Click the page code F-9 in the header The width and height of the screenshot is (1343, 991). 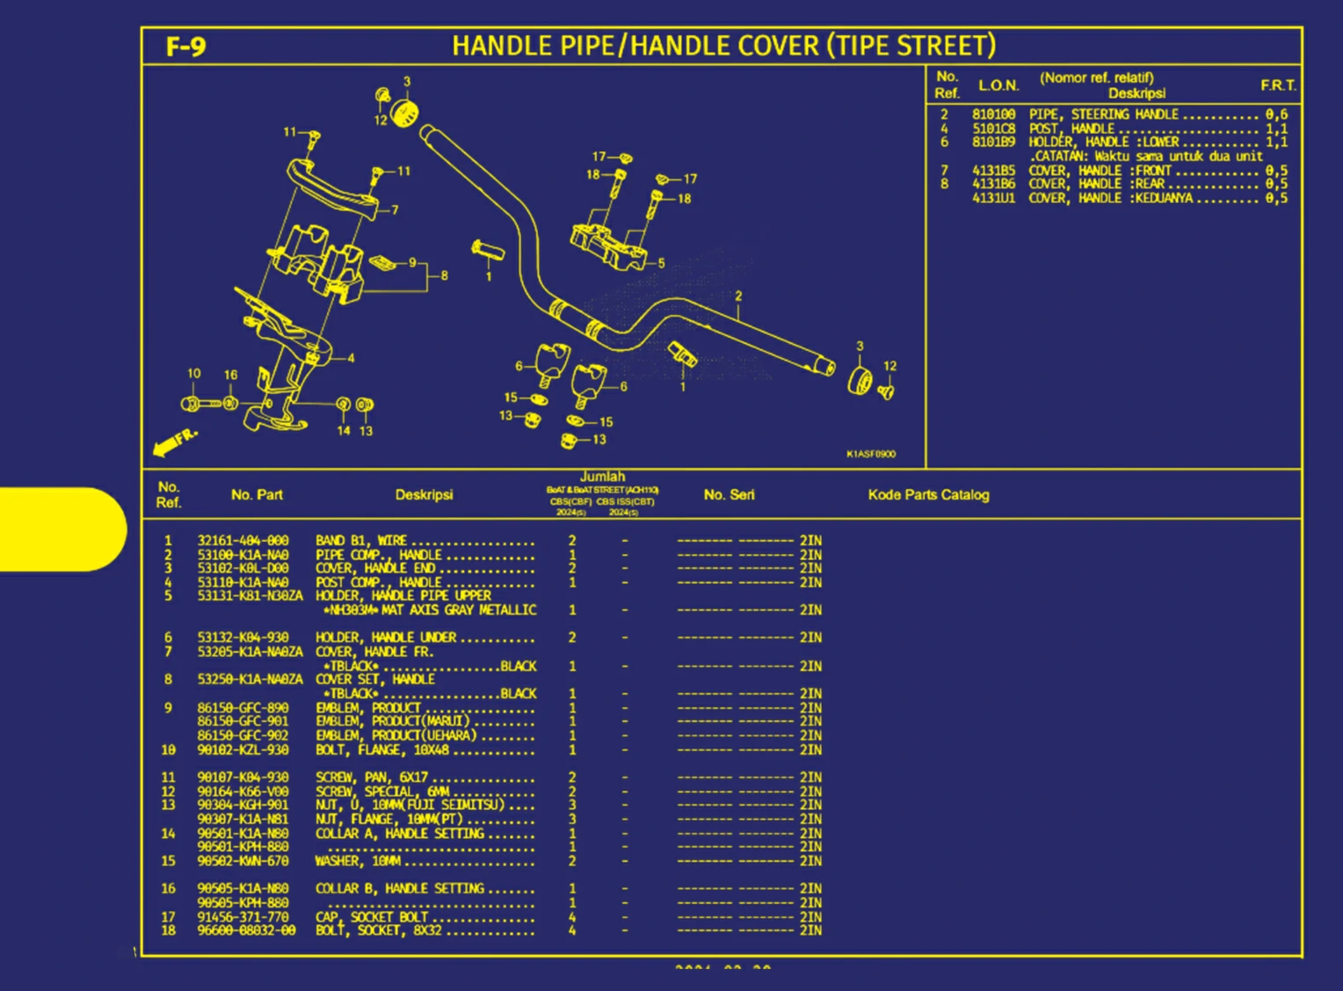pyautogui.click(x=185, y=47)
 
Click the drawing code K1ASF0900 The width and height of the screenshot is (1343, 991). pyautogui.click(x=870, y=454)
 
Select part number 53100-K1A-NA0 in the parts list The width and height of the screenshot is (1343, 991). pyautogui.click(x=243, y=555)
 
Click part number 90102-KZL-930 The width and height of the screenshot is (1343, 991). pyautogui.click(x=243, y=750)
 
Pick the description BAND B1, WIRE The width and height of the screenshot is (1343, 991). pyautogui.click(x=361, y=541)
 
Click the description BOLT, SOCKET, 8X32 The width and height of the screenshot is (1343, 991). pyautogui.click(x=379, y=930)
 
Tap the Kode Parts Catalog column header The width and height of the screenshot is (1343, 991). pyautogui.click(x=928, y=495)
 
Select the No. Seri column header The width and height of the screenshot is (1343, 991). pyautogui.click(x=729, y=495)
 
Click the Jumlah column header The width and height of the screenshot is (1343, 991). pyautogui.click(x=602, y=477)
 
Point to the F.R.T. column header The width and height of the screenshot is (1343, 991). pyautogui.click(x=1277, y=85)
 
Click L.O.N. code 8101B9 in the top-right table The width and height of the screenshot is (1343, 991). pyautogui.click(x=993, y=142)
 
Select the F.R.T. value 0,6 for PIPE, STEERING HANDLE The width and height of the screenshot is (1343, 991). pyautogui.click(x=1276, y=114)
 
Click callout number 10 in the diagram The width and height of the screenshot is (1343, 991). pyautogui.click(x=193, y=374)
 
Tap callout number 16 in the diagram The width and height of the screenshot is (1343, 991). pyautogui.click(x=230, y=375)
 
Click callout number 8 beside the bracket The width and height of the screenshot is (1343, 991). pyautogui.click(x=444, y=275)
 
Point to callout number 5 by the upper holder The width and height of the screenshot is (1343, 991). pyautogui.click(x=661, y=263)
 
